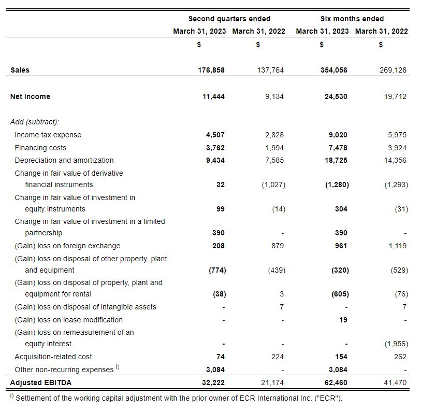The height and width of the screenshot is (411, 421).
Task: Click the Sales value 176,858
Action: click(x=211, y=70)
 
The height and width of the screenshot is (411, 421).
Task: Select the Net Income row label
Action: click(x=30, y=96)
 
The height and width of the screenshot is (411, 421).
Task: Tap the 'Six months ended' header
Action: click(x=352, y=19)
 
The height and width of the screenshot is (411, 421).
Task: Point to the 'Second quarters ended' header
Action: click(x=229, y=19)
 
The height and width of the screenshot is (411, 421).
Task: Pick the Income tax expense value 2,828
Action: click(x=274, y=135)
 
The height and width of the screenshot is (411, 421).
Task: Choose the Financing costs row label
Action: click(x=40, y=148)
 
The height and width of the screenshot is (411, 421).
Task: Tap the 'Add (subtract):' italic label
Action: click(x=35, y=122)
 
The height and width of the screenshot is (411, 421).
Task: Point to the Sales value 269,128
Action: click(x=393, y=70)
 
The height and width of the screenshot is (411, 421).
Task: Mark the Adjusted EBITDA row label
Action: click(x=40, y=382)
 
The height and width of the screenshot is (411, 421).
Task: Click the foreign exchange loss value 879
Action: click(x=278, y=246)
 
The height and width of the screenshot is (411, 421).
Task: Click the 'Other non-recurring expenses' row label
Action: click(x=64, y=370)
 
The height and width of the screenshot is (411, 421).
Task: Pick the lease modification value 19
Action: click(x=343, y=320)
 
